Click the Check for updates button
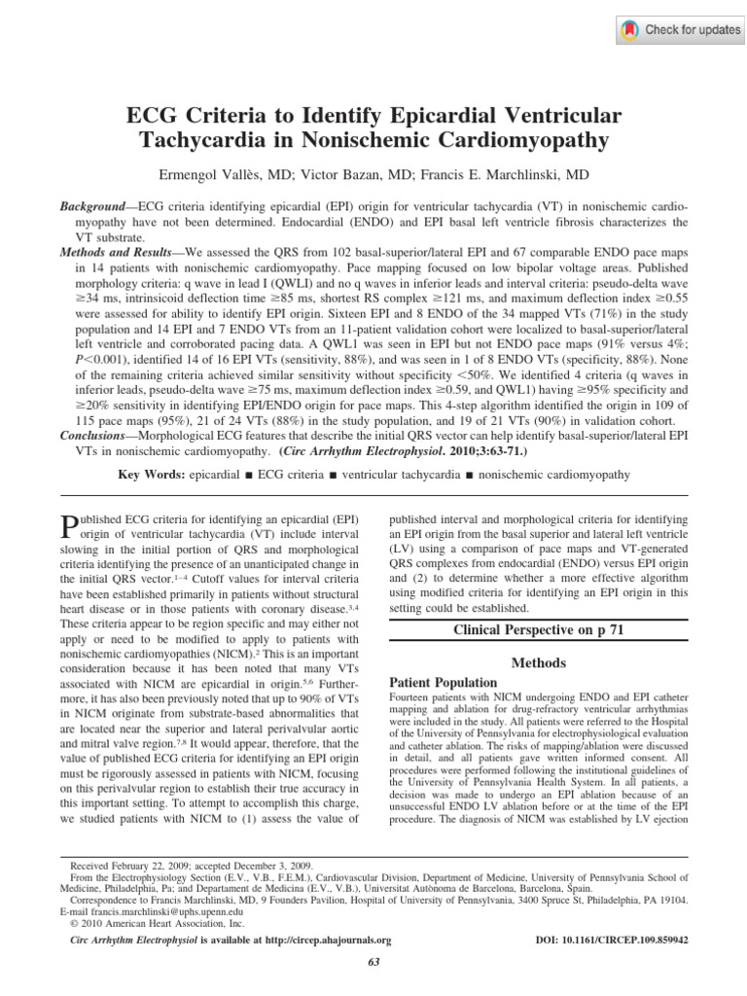coord(680,30)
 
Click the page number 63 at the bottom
coord(373,962)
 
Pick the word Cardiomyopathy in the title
coord(525,140)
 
